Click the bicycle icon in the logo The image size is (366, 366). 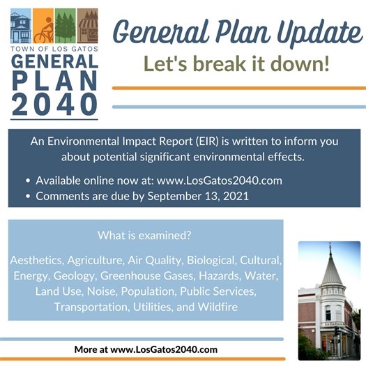[x=43, y=28]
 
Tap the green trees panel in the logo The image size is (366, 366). [x=65, y=26]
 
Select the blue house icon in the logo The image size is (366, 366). [x=21, y=27]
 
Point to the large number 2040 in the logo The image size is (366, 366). [x=54, y=103]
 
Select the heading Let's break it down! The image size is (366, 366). [x=237, y=64]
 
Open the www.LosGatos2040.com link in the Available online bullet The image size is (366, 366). [x=221, y=180]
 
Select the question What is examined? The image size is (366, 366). [x=145, y=236]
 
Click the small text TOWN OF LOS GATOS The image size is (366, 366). [x=54, y=49]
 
